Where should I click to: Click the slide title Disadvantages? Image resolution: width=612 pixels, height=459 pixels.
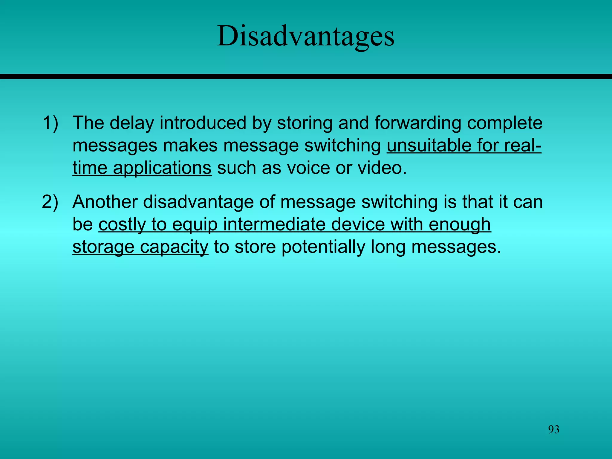pyautogui.click(x=306, y=36)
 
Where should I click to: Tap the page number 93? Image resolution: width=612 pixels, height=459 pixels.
pyautogui.click(x=553, y=429)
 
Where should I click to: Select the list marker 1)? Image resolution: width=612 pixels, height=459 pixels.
pyautogui.click(x=50, y=123)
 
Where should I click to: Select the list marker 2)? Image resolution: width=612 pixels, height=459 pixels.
pyautogui.click(x=50, y=202)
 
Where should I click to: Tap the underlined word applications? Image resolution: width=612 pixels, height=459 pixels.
pyautogui.click(x=162, y=168)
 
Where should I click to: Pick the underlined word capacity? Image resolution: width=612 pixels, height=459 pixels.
pyautogui.click(x=174, y=247)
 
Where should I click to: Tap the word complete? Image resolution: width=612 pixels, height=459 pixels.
pyautogui.click(x=505, y=123)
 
